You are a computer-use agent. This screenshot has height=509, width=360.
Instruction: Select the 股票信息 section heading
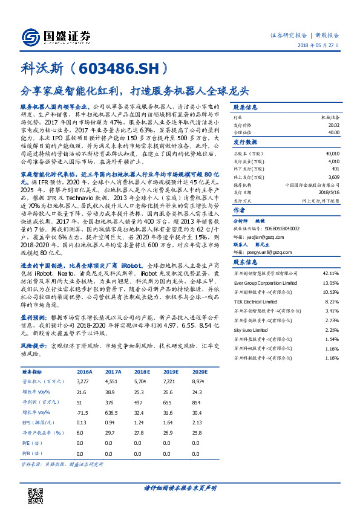(x=245, y=106)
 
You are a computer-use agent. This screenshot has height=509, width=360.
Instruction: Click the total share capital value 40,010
(x=333, y=154)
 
